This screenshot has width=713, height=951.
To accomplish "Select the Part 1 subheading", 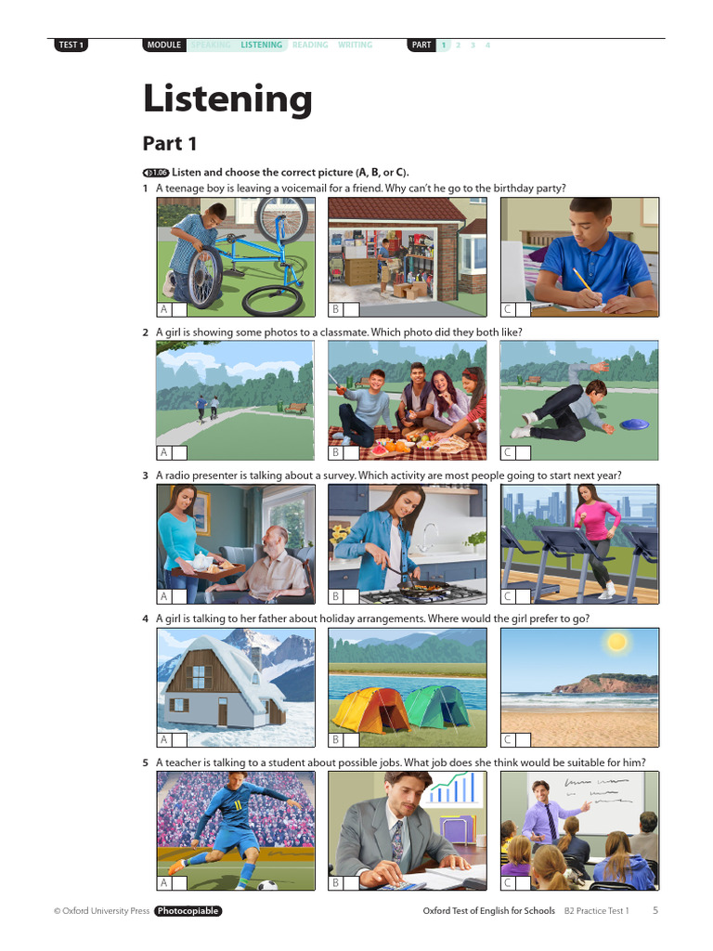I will (170, 144).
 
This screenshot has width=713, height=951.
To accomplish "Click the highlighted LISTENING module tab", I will (261, 45).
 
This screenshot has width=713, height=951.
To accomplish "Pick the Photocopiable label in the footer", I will (188, 911).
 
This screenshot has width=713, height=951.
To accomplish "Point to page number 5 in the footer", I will (655, 911).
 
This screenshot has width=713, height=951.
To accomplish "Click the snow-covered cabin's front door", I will (223, 711).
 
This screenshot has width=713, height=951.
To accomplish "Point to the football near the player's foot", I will (268, 884).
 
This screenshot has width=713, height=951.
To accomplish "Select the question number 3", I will (145, 475).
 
